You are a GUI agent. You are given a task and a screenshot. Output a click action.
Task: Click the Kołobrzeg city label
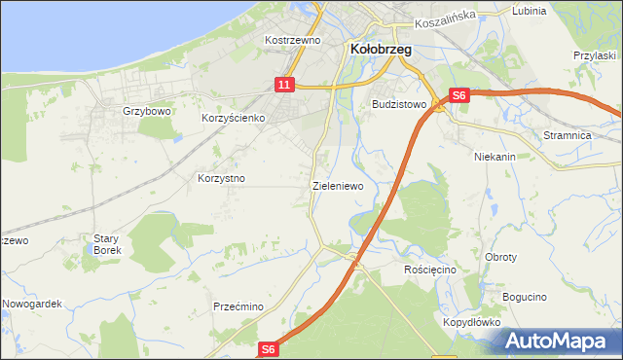380,48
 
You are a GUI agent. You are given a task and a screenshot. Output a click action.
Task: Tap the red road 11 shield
283,86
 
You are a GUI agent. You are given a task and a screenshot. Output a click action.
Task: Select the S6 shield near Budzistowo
460,95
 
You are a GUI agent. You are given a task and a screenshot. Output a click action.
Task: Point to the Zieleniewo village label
338,185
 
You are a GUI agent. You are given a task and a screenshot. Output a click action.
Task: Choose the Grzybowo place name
147,111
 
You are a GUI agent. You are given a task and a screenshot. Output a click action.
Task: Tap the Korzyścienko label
234,118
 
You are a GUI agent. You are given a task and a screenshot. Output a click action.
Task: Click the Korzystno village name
221,179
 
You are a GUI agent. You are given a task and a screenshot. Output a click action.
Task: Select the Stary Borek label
106,244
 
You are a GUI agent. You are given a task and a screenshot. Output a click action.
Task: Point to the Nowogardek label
31,304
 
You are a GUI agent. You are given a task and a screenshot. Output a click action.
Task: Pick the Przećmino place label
238,306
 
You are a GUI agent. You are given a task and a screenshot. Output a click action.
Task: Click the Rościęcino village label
430,270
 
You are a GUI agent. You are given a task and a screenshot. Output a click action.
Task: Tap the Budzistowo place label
399,103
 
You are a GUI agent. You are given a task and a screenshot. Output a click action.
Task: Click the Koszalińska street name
443,17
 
